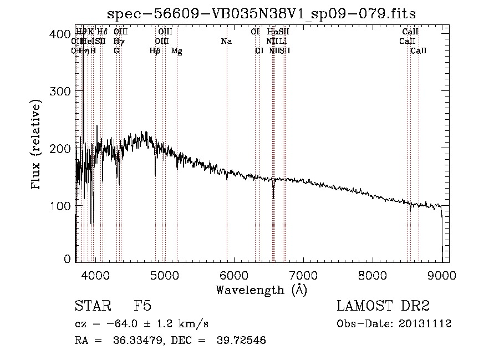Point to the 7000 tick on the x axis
[303, 274]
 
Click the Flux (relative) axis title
[37, 145]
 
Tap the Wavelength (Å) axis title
[261, 289]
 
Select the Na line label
[226, 41]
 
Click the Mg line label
[177, 50]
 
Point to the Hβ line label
[155, 50]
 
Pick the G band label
[116, 50]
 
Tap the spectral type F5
[142, 307]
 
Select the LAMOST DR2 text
[383, 307]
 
